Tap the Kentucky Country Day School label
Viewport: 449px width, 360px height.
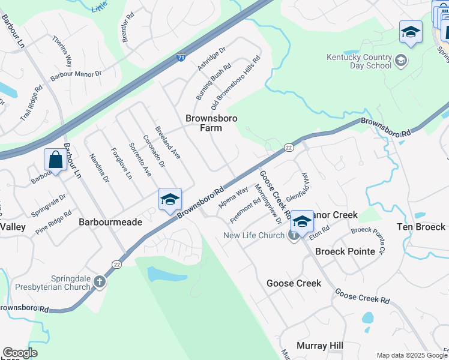point(359,61)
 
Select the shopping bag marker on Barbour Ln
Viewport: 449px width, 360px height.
point(55,161)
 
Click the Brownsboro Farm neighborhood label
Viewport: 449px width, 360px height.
point(211,123)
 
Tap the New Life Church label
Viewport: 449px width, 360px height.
point(253,235)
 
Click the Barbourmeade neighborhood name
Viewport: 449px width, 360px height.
point(110,222)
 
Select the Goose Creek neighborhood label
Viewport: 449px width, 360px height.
point(294,283)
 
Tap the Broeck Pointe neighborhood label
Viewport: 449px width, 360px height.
point(345,251)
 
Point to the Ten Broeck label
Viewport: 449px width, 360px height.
point(421,227)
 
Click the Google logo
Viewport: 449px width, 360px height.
point(20,353)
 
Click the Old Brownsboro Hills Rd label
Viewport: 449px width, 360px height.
point(238,78)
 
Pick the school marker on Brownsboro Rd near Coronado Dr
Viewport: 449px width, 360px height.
point(169,199)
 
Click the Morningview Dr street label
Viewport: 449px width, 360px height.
point(268,204)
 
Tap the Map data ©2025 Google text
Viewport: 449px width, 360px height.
point(412,355)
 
